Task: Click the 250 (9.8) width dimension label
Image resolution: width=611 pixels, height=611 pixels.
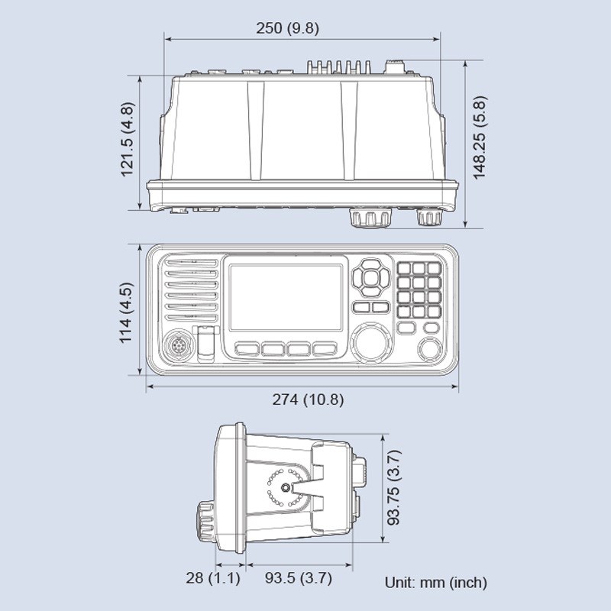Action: click(x=287, y=28)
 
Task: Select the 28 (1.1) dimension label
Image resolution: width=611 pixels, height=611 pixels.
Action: click(x=213, y=578)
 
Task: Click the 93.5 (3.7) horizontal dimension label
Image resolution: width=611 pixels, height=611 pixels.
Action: click(x=299, y=578)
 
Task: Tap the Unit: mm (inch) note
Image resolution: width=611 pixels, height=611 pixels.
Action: click(x=435, y=583)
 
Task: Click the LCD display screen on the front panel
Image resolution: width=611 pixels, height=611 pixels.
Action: click(x=286, y=297)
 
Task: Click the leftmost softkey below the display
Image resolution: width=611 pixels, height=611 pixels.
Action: click(x=247, y=349)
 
